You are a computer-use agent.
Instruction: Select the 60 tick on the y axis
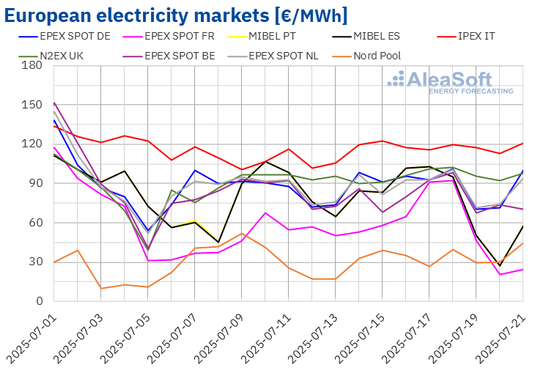(35, 223)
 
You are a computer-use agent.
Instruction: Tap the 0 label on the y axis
(39, 301)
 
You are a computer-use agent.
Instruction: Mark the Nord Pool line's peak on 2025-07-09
(242, 234)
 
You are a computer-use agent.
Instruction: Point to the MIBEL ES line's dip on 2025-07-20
(500, 265)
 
